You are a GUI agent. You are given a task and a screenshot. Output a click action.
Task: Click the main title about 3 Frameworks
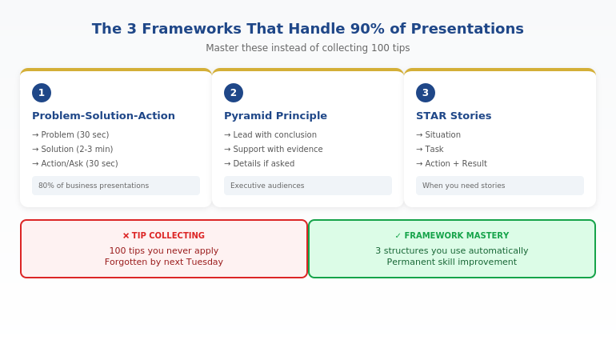point(308,29)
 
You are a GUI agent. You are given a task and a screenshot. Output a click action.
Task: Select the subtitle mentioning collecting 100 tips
point(308,48)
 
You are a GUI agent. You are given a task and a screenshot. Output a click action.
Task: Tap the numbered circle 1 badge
point(42,93)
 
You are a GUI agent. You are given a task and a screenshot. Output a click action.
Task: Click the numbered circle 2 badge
point(234,93)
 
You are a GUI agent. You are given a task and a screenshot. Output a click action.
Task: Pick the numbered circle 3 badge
point(426,93)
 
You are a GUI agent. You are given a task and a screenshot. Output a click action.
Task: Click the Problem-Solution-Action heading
point(103,116)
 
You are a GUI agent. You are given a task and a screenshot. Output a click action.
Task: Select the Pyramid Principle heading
point(275,116)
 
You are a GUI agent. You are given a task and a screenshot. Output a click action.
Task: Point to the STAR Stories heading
point(454,116)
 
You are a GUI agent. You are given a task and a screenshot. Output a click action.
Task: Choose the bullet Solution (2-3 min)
point(73,150)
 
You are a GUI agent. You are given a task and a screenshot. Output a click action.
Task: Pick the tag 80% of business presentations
point(94,186)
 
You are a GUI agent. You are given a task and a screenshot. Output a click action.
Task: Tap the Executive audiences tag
point(267,186)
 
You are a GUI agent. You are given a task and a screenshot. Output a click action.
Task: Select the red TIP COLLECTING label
point(164,236)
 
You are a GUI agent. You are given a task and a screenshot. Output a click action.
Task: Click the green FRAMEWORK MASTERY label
point(452,236)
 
